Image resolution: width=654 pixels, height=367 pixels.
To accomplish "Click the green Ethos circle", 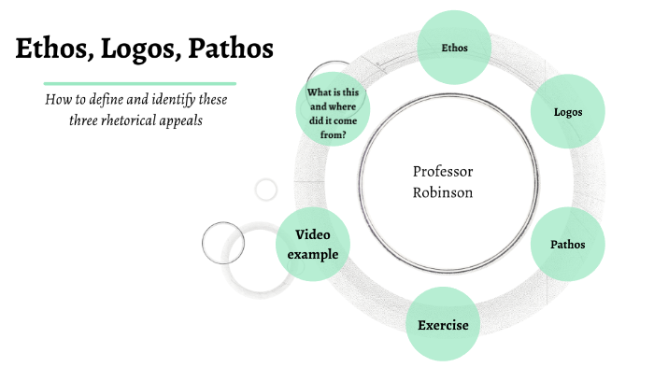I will point(454,47).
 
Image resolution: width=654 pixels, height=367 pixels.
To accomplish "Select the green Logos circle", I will point(568,112).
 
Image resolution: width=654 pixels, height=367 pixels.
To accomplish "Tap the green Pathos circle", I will point(568,245).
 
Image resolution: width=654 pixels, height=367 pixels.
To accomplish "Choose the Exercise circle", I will point(443,325).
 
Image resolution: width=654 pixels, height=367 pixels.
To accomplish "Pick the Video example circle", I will point(313,244).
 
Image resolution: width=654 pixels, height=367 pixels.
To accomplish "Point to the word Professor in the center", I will point(443,171).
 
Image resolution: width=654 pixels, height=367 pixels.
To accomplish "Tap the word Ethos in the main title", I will point(51,49).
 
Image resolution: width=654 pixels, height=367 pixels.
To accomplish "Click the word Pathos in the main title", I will point(231,49).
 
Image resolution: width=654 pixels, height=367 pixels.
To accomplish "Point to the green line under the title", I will point(139,83).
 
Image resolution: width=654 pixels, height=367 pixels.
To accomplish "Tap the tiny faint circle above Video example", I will point(266,190).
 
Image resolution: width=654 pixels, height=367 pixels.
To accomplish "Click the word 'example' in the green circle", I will point(313,254).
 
